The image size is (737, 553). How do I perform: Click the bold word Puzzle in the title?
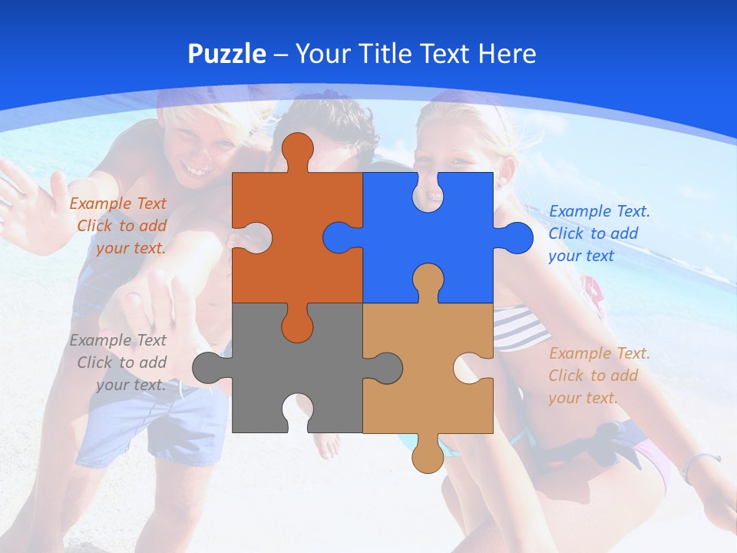[226, 54]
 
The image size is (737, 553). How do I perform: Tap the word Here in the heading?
[507, 54]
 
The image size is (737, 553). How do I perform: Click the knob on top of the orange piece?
[297, 149]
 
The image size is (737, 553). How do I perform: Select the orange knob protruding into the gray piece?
[297, 326]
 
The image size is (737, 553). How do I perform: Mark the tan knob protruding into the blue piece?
[428, 280]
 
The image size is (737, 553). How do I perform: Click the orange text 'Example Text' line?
[117, 204]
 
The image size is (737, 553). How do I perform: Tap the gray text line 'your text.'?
[131, 385]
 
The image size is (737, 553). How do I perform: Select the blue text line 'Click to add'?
[593, 233]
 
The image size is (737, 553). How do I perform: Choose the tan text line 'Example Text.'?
[599, 353]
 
